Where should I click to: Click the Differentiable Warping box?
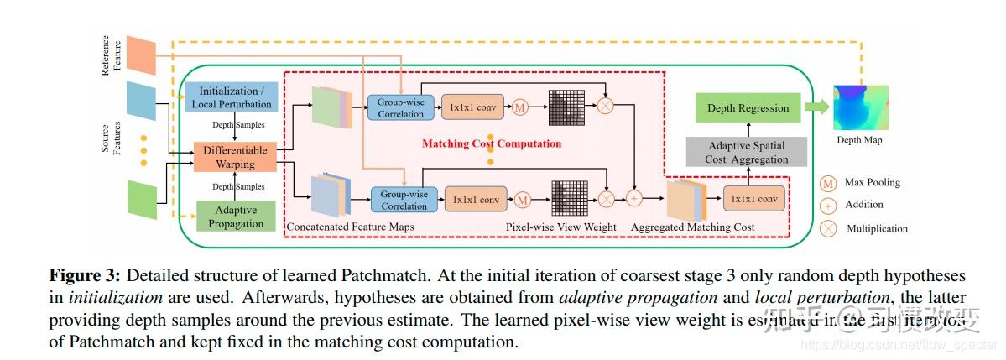point(235,155)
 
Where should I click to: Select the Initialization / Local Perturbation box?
point(235,97)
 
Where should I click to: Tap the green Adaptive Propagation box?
point(235,217)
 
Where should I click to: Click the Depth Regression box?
point(748,108)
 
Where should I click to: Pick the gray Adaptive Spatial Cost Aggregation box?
point(747,152)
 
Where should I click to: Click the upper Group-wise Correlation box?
point(400,107)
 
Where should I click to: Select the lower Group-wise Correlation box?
point(404,200)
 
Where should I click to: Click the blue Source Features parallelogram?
point(141,101)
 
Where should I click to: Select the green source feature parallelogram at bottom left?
point(141,199)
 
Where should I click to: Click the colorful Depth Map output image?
point(860,107)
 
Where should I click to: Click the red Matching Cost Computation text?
point(491,143)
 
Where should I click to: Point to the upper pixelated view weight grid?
point(566,107)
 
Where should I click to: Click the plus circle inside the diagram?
point(633,199)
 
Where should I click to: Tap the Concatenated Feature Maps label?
point(350,227)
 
